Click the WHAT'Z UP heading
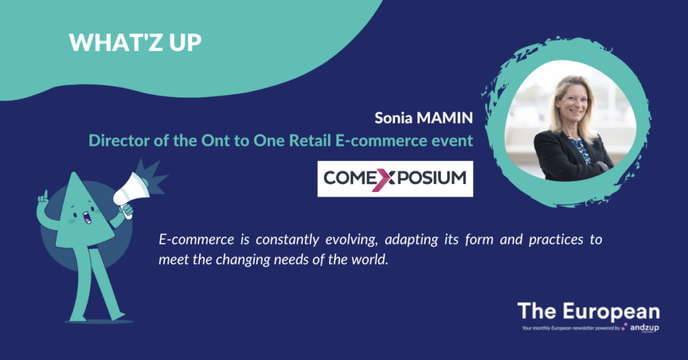135,42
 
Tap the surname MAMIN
445,118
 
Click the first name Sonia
393,118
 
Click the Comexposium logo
395,179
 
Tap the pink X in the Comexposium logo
381,179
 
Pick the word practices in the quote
556,240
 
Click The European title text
589,312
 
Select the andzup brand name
644,328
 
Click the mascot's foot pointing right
117,316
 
